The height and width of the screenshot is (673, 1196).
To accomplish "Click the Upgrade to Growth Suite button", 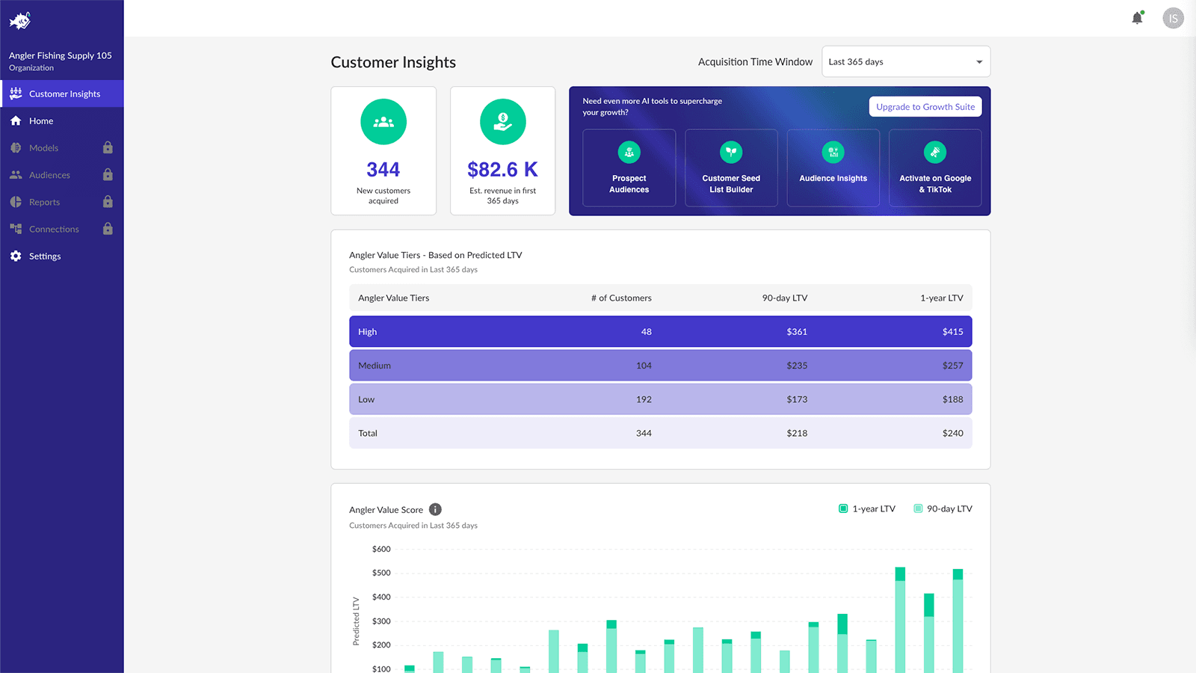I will pyautogui.click(x=925, y=107).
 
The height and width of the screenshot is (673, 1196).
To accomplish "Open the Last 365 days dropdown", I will pyautogui.click(x=905, y=62).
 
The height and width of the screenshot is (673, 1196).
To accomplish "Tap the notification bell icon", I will pyautogui.click(x=1137, y=18).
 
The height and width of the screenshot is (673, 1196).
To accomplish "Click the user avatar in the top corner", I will pyautogui.click(x=1173, y=18).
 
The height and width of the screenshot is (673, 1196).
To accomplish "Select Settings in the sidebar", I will pyautogui.click(x=45, y=256).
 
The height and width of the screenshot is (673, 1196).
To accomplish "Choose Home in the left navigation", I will pyautogui.click(x=41, y=121).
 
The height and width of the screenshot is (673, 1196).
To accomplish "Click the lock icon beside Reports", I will pyautogui.click(x=108, y=202).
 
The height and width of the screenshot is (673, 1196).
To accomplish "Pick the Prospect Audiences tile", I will pyautogui.click(x=629, y=168).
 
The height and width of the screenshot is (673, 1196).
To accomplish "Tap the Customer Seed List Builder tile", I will pyautogui.click(x=731, y=168).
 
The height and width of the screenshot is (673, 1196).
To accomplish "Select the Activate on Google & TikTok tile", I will pyautogui.click(x=935, y=168).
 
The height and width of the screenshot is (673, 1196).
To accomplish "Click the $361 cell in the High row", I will pyautogui.click(x=797, y=332).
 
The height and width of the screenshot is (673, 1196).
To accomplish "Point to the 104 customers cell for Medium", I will pyautogui.click(x=644, y=366).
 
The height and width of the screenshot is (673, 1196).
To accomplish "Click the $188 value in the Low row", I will pyautogui.click(x=952, y=399).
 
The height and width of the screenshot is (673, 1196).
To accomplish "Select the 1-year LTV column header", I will pyautogui.click(x=941, y=298).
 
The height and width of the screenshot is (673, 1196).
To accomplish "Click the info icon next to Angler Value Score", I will pyautogui.click(x=435, y=510).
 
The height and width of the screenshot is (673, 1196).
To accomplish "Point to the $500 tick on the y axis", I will pyautogui.click(x=381, y=574).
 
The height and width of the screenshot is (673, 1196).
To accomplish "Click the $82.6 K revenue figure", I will pyautogui.click(x=502, y=170).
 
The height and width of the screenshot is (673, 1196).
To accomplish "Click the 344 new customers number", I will pyautogui.click(x=383, y=170).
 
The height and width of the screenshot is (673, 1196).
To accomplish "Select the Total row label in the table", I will pyautogui.click(x=368, y=434).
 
